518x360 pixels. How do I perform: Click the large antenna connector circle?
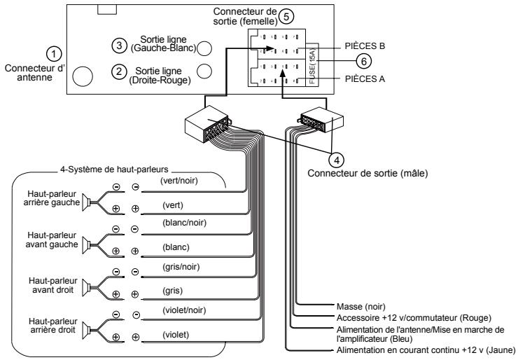coord(83,77)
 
